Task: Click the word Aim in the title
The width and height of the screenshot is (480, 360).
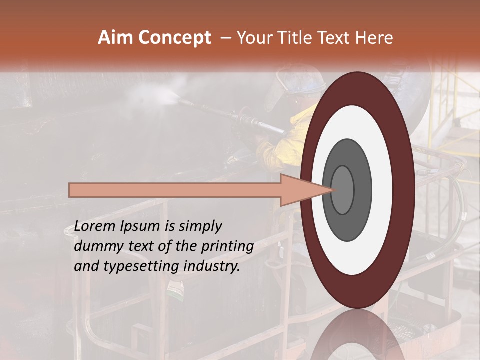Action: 115,38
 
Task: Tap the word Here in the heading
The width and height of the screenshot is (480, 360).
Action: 374,38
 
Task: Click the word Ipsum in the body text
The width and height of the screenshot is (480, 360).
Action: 140,226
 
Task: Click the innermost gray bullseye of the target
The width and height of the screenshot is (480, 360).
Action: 343,190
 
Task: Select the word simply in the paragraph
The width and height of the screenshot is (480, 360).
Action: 200,226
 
